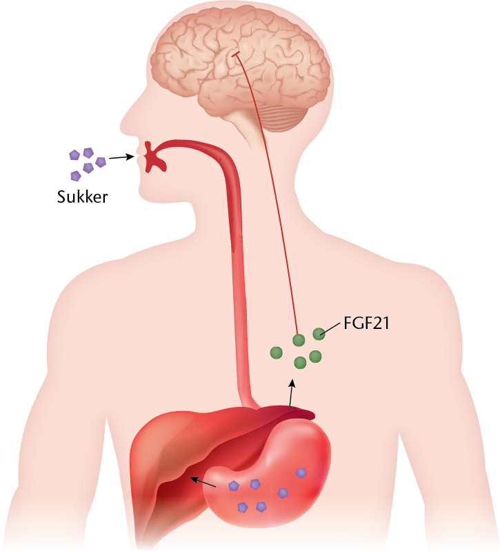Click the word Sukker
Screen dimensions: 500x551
[83, 197]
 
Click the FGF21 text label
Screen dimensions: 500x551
[366, 323]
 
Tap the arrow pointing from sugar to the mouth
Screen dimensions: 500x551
[122, 157]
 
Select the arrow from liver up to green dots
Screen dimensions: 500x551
[291, 394]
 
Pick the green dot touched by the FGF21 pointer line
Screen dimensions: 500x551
[319, 334]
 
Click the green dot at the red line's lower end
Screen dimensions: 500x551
[299, 340]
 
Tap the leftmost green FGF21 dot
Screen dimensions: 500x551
[276, 353]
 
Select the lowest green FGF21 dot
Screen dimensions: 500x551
[300, 363]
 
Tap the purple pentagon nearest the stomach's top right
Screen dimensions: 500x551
[301, 473]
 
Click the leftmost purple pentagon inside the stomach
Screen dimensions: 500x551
[234, 486]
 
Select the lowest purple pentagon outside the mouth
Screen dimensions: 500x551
[76, 176]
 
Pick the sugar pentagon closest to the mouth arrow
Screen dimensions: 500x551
[101, 162]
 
